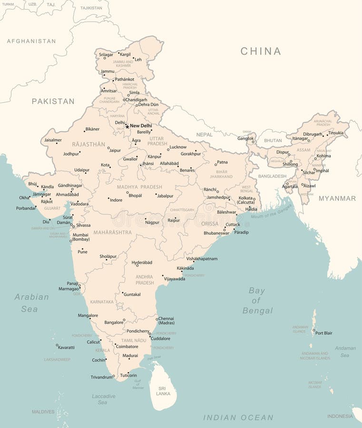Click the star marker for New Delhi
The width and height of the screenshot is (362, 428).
tap(127, 126)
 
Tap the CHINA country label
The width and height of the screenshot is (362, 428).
tap(260, 51)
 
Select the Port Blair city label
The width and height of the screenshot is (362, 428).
tap(324, 333)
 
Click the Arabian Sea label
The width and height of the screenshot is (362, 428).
tap(31, 303)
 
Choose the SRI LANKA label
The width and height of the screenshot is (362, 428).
tap(163, 390)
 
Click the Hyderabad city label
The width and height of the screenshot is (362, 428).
tap(142, 262)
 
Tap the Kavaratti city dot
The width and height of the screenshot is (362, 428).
tap(57, 345)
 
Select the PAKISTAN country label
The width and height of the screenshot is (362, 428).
tap(53, 101)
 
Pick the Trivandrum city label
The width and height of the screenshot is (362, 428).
tap(101, 377)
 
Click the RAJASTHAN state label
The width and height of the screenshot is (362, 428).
tap(88, 144)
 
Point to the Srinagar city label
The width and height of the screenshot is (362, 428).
tap(106, 55)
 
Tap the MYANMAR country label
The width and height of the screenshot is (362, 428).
tap(337, 198)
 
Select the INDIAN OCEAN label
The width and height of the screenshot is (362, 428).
tap(238, 418)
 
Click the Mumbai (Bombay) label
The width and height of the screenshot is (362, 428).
tap(81, 237)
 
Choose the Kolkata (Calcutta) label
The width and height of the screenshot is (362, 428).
tap(246, 200)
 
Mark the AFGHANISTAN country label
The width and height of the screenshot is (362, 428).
tap(31, 41)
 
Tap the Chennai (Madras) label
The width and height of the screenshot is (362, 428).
tap(166, 321)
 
